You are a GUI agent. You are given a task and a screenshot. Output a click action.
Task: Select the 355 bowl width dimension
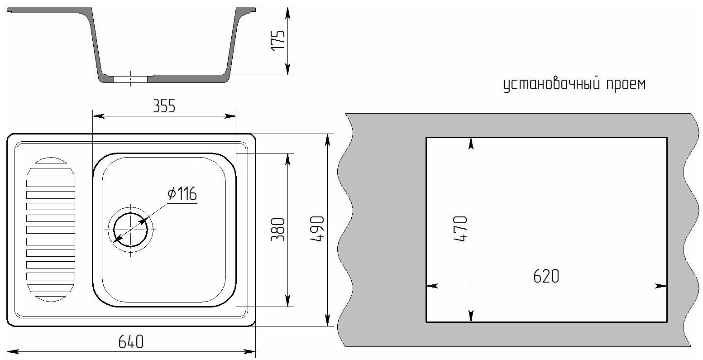point(163,107)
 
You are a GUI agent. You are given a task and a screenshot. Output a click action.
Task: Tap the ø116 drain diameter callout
point(182,194)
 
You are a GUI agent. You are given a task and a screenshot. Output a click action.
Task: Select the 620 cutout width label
point(546,276)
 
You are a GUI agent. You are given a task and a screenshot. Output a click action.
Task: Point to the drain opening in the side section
point(130,79)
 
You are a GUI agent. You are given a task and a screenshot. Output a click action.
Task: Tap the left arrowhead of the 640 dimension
point(14,351)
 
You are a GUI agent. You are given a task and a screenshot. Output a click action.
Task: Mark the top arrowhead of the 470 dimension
point(471,143)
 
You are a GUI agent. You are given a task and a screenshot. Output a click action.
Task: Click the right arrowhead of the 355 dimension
point(231,116)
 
